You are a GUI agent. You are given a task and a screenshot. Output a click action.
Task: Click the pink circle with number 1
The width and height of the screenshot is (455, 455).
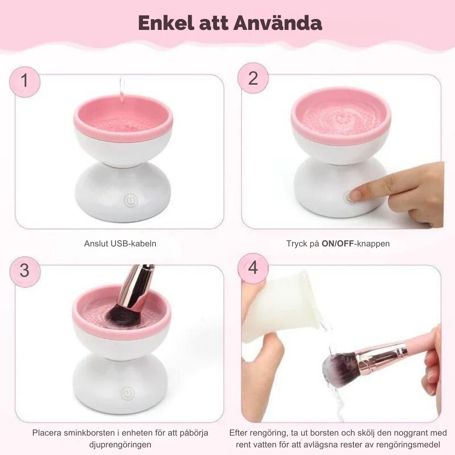[x=25, y=82]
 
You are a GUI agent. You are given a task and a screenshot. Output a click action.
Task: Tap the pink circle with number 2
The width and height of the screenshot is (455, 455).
[x=253, y=78]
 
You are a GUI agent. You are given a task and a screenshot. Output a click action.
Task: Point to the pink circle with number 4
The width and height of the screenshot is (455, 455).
[x=253, y=268]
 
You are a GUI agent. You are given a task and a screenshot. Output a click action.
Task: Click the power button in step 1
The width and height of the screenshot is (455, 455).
[x=131, y=201]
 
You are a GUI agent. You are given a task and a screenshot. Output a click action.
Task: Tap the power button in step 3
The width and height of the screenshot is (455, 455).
[x=127, y=394]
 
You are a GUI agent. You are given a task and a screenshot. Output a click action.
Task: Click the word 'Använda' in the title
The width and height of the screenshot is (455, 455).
[x=278, y=23]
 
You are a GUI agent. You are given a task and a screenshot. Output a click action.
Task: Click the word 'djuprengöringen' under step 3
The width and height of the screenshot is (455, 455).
[x=120, y=445]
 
